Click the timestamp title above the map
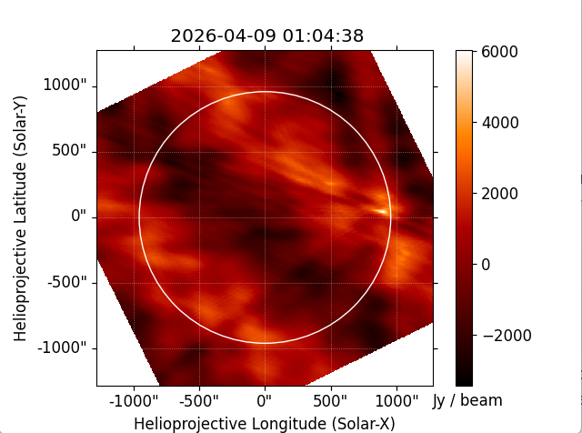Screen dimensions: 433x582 click(x=267, y=36)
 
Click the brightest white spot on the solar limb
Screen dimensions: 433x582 click(x=383, y=212)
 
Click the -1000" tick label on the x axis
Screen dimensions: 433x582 click(x=134, y=401)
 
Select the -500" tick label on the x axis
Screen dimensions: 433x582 click(x=199, y=401)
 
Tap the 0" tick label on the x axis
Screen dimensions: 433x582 click(x=265, y=401)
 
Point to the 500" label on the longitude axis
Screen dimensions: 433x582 click(x=330, y=401)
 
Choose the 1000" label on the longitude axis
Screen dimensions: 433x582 click(x=396, y=401)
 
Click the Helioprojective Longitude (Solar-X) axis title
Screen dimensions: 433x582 click(x=265, y=423)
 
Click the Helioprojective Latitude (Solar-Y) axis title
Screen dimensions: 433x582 click(x=21, y=216)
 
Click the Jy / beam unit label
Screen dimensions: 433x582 click(x=467, y=400)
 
